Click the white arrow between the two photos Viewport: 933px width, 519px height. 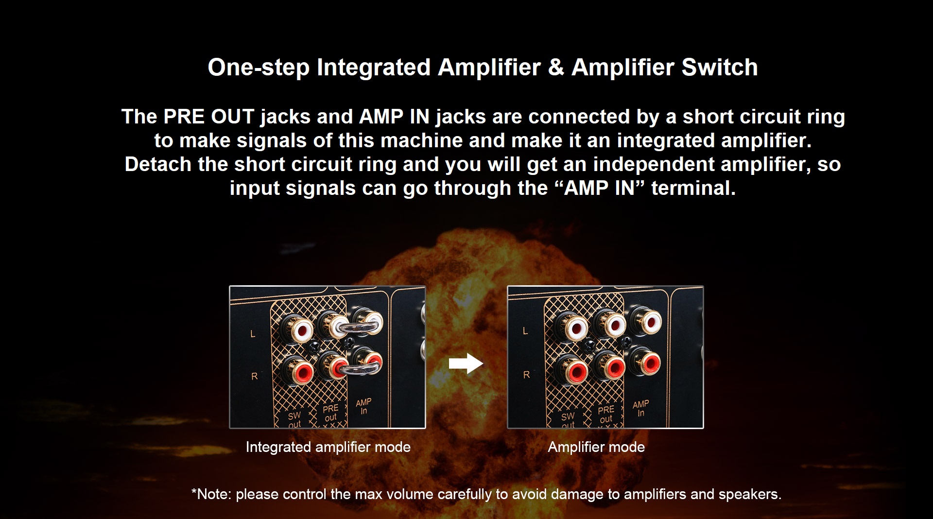[x=466, y=363]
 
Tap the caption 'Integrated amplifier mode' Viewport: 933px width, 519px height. [x=328, y=447]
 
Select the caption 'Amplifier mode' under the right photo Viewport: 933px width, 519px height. [x=596, y=447]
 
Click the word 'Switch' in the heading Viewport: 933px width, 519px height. [x=720, y=67]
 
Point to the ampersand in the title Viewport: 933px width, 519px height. [x=556, y=67]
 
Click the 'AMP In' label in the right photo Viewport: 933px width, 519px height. [x=640, y=408]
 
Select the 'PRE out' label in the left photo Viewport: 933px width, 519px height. [x=330, y=413]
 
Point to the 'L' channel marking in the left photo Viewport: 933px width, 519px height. [x=253, y=334]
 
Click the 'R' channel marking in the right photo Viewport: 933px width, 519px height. [x=526, y=375]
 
